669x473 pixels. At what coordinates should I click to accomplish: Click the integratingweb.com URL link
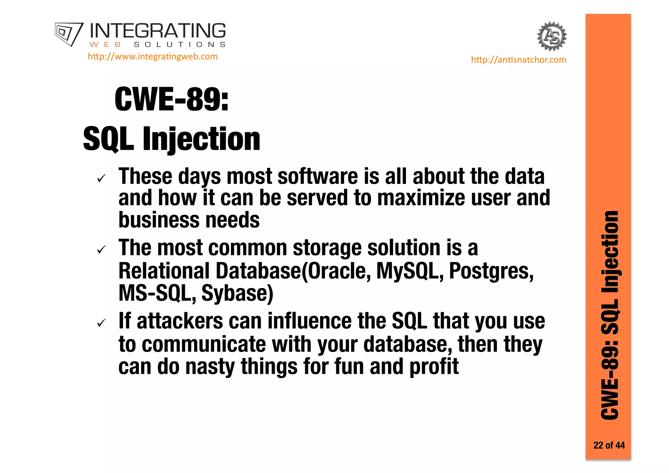coord(153,57)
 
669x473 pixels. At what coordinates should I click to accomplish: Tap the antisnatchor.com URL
coord(518,60)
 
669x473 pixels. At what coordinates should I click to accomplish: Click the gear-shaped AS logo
coord(552,36)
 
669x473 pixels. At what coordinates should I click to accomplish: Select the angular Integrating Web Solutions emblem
coord(69,34)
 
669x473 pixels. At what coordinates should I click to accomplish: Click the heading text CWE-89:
coord(171,99)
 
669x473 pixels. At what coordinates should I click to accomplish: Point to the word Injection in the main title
coord(202,139)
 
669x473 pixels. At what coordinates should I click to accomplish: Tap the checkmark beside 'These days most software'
coord(102,178)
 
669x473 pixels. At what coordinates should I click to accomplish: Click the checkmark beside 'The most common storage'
coord(102,250)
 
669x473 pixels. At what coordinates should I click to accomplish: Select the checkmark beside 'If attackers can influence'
coord(102,323)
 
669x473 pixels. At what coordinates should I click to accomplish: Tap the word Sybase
coord(237,293)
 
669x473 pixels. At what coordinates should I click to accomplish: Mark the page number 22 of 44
coord(609,445)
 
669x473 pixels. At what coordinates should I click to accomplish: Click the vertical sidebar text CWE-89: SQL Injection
coord(610,315)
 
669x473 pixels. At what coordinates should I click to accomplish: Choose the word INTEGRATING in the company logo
coord(157,31)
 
